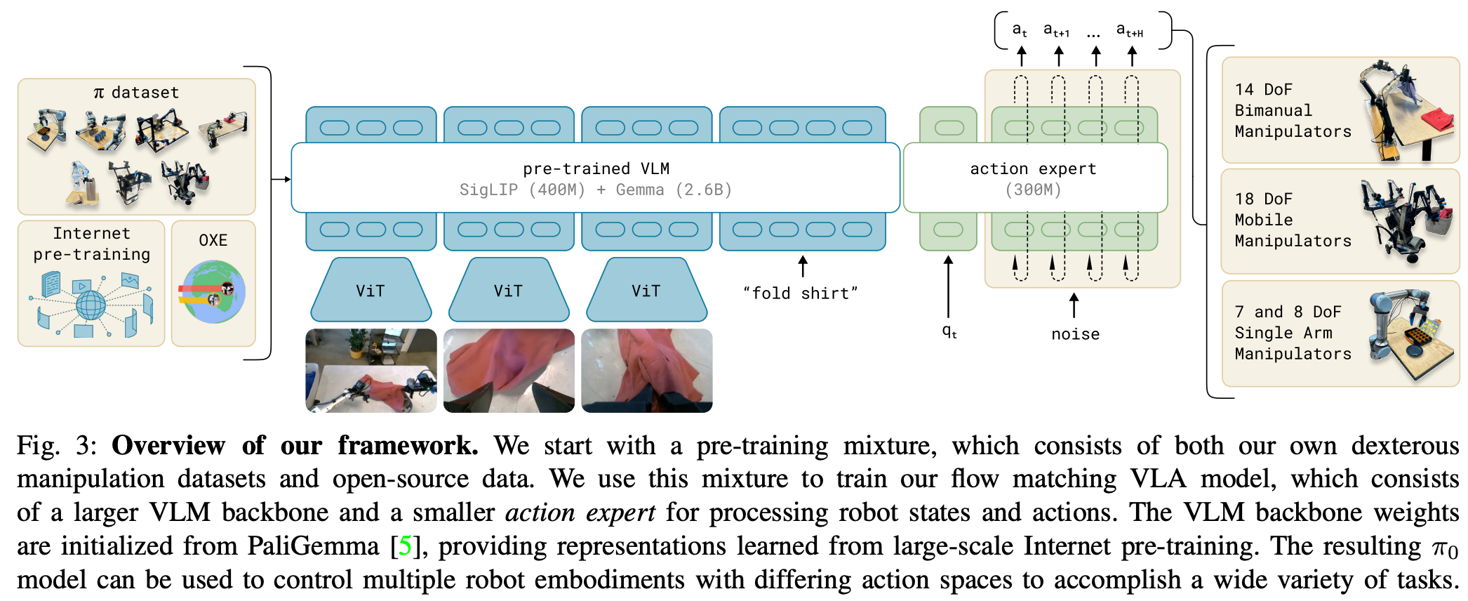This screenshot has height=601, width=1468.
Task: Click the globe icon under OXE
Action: [x=212, y=291]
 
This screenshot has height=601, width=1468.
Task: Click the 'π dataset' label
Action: [x=136, y=93]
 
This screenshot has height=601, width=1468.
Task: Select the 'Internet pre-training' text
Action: [x=92, y=244]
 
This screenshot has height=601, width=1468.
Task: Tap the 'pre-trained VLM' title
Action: [x=596, y=169]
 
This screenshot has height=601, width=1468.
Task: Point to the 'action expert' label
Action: [x=1032, y=169]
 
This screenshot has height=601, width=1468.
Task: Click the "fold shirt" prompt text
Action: [x=801, y=293]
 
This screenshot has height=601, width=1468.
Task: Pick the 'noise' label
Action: [x=1075, y=334]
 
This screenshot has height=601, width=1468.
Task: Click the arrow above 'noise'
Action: [x=1074, y=306]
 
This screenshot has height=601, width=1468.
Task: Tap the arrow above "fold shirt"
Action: [x=803, y=266]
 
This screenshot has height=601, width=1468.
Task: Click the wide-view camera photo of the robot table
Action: [x=371, y=371]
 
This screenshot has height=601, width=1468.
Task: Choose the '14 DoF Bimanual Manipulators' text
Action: [x=1293, y=110]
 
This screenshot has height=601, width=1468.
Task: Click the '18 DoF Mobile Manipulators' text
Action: [x=1293, y=220]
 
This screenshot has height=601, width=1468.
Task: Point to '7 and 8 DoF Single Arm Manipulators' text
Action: [x=1293, y=333]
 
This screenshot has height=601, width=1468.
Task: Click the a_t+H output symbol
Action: [x=1130, y=30]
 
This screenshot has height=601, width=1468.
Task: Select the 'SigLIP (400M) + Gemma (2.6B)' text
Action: [x=596, y=190]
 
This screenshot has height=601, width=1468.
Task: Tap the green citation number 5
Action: [x=405, y=546]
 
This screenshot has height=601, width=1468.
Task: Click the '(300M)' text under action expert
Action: [x=1033, y=190]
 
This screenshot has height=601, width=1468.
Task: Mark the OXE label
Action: [x=213, y=240]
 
